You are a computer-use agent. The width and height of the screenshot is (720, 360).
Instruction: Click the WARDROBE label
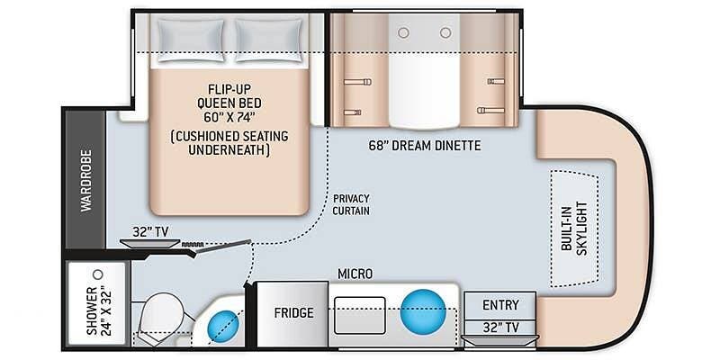(x=86, y=181)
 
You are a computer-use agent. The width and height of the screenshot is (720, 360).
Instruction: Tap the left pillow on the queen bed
(x=191, y=40)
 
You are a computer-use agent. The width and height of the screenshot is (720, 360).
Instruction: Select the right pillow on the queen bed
(x=268, y=40)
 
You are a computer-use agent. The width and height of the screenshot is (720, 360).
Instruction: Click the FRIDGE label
(x=294, y=313)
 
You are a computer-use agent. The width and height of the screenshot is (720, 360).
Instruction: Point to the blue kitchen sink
(x=423, y=311)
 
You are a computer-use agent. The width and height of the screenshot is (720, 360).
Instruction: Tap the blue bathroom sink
(x=223, y=327)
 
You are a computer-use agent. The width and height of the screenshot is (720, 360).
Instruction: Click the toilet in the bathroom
(x=161, y=317)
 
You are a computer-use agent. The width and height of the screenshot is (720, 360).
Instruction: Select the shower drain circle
(x=97, y=274)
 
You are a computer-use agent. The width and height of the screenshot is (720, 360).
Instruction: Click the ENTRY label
(x=500, y=305)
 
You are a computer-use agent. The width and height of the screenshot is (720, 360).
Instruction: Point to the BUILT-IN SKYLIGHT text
(x=575, y=229)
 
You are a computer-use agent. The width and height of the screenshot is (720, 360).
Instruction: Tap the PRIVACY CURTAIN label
(x=351, y=205)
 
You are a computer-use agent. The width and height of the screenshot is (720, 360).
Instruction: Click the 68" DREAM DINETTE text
(x=425, y=146)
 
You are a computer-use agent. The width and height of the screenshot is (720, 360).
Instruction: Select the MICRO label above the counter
(x=355, y=274)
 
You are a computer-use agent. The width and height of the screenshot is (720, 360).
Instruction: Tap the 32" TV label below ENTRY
(x=500, y=328)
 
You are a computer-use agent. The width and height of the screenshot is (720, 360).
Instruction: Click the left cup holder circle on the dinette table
(x=403, y=32)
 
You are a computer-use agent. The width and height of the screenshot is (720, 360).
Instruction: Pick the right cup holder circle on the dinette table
(x=445, y=32)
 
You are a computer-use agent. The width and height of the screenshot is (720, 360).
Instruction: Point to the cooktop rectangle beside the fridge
(x=359, y=316)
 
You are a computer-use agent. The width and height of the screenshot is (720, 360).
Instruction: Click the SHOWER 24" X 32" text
(x=98, y=310)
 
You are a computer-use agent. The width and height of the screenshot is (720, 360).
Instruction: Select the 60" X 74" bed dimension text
(x=229, y=117)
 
